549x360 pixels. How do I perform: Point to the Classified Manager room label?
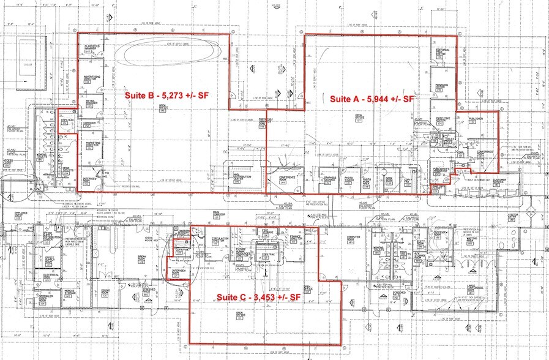click(92, 49)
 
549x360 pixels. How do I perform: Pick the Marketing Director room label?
click(93, 144)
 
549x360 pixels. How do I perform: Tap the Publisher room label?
click(476, 119)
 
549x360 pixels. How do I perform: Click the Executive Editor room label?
click(444, 120)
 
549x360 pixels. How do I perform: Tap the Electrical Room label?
click(51, 277)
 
